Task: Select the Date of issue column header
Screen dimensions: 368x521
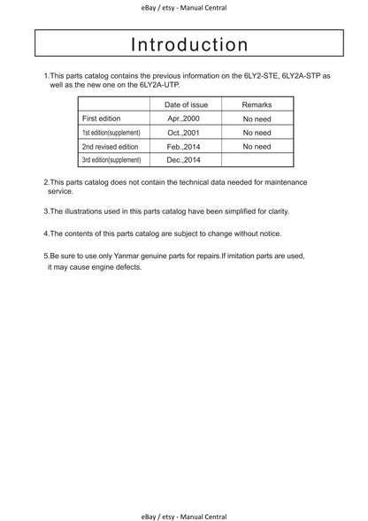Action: point(186,104)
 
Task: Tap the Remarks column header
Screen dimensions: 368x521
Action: point(257,104)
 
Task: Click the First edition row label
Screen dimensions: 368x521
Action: point(102,118)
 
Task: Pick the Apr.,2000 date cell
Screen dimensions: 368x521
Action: point(186,118)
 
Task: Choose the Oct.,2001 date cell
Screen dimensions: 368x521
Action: point(186,132)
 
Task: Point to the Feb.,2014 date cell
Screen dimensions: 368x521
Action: point(186,146)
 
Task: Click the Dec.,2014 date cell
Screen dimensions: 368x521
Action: point(186,160)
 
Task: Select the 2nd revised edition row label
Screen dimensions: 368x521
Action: point(111,146)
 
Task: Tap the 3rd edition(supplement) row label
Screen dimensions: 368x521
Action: point(111,160)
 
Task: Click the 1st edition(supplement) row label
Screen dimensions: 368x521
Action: point(111,132)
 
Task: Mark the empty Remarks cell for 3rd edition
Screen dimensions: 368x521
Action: point(257,160)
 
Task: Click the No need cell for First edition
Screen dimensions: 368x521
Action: point(257,118)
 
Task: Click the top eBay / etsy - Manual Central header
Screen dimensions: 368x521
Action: point(184,7)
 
